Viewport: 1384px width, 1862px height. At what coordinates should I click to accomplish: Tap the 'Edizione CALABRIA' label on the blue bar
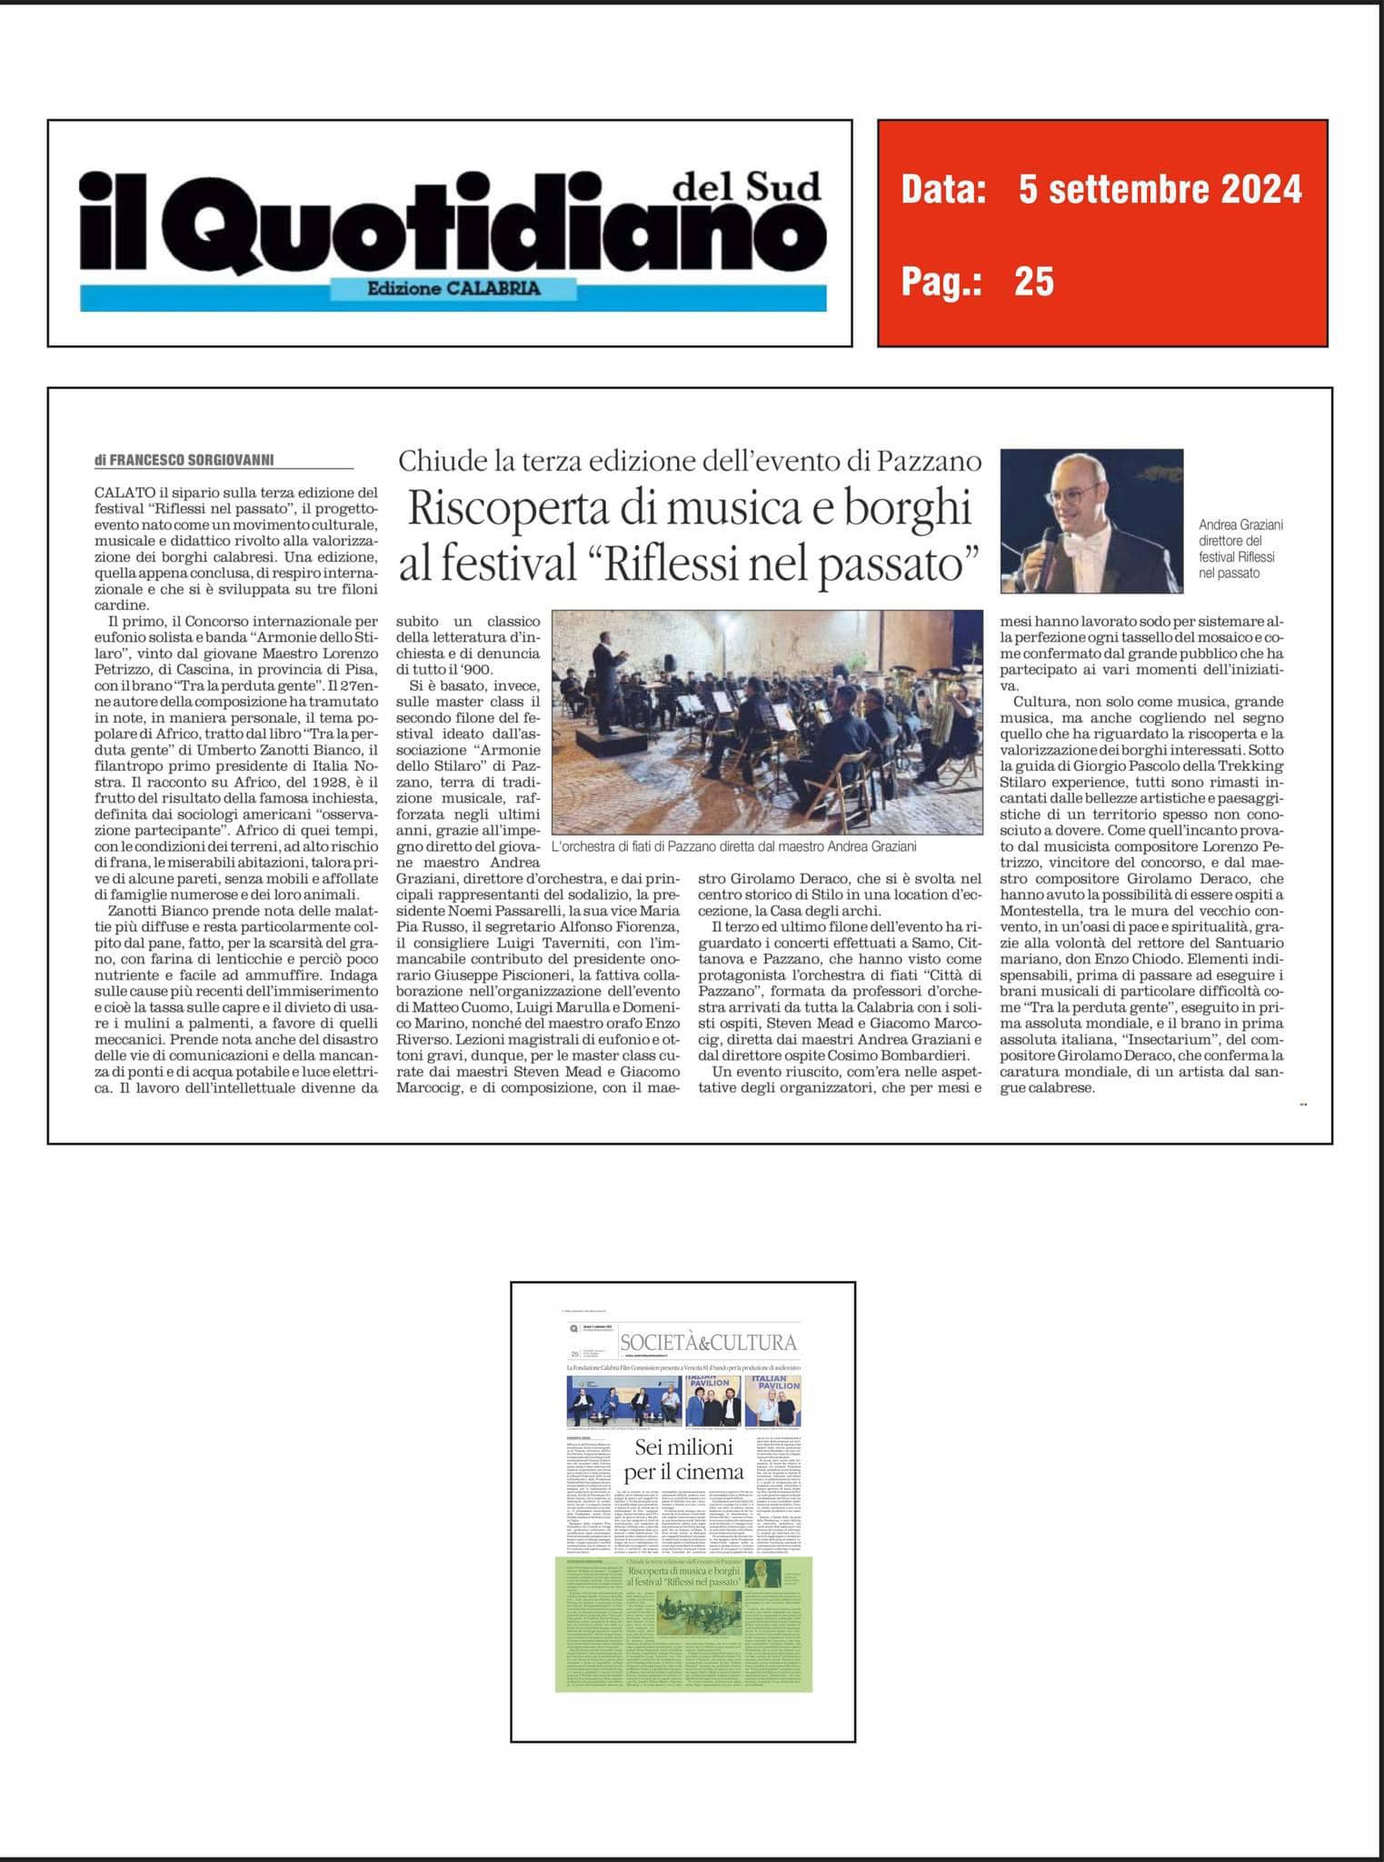453,288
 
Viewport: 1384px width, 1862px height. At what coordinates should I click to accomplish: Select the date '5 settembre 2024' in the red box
1160,189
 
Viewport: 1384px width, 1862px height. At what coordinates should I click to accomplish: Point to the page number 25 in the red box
1034,282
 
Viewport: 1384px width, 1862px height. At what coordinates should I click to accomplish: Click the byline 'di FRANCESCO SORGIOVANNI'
184,461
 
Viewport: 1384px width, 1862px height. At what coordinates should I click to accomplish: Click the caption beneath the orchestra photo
733,846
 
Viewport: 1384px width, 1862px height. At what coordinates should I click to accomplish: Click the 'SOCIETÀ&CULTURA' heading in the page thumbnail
708,1343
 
